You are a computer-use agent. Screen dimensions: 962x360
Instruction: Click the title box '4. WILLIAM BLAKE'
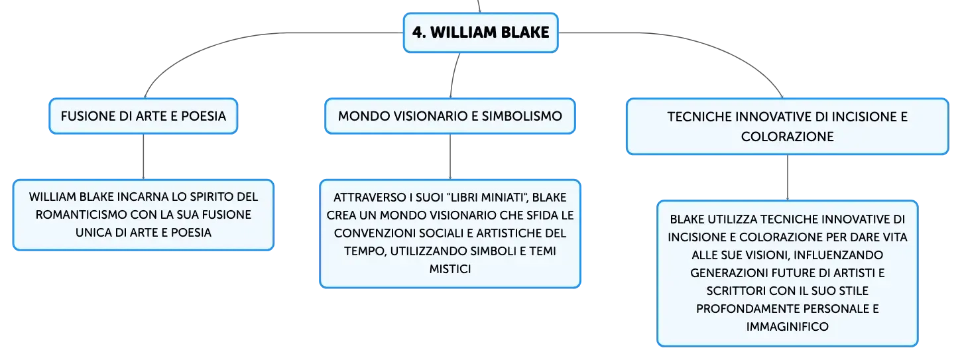[481, 32]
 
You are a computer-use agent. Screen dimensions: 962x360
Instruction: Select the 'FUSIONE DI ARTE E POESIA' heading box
[143, 116]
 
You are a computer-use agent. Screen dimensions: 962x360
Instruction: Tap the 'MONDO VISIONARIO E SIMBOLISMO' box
[450, 116]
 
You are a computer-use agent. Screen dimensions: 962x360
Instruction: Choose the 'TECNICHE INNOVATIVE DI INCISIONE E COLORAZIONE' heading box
[787, 127]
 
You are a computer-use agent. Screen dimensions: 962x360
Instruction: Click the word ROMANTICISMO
[81, 215]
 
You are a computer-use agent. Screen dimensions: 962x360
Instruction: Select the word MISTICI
[450, 269]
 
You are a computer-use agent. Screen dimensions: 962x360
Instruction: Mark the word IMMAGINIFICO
[787, 327]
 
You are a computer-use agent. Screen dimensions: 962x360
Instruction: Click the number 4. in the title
[419, 32]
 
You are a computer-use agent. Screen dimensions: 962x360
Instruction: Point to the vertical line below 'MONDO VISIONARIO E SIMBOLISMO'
[450, 157]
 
